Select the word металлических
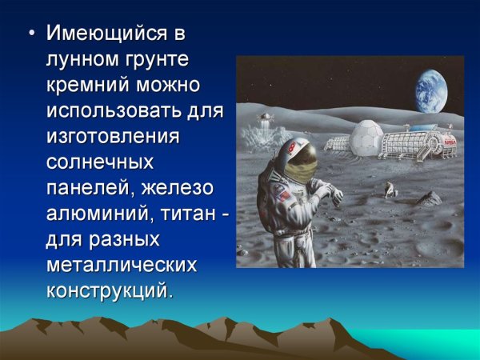click(x=119, y=264)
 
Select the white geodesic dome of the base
click(x=365, y=137)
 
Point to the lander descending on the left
click(x=262, y=121)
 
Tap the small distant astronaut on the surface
click(x=390, y=189)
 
